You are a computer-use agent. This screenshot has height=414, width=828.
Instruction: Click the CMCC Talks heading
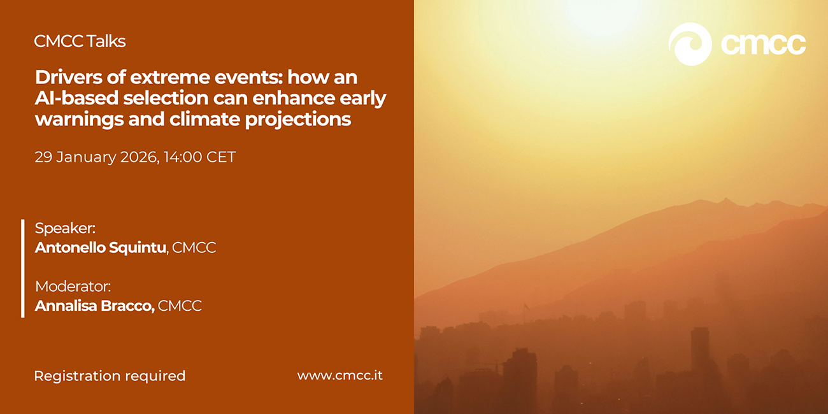click(80, 41)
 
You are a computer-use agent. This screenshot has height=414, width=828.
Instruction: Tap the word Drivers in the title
click(68, 77)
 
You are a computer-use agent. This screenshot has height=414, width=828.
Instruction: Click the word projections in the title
click(298, 120)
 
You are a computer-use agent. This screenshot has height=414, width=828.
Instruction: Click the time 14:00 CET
click(199, 157)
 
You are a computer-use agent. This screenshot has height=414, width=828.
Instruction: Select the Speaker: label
click(65, 228)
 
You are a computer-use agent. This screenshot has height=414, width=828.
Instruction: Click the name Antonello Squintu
click(101, 247)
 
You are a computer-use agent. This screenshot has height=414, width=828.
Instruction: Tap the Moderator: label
click(73, 287)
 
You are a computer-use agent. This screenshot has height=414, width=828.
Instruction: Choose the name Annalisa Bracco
click(94, 306)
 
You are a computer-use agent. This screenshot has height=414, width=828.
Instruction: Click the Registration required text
click(110, 376)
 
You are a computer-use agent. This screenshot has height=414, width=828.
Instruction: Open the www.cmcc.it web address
click(339, 375)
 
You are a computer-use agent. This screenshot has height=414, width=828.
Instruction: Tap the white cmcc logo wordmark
click(763, 45)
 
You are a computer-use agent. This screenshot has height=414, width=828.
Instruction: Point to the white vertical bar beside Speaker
click(23, 268)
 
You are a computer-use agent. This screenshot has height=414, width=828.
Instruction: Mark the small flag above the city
click(525, 306)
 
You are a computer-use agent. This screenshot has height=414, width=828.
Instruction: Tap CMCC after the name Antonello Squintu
click(194, 248)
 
